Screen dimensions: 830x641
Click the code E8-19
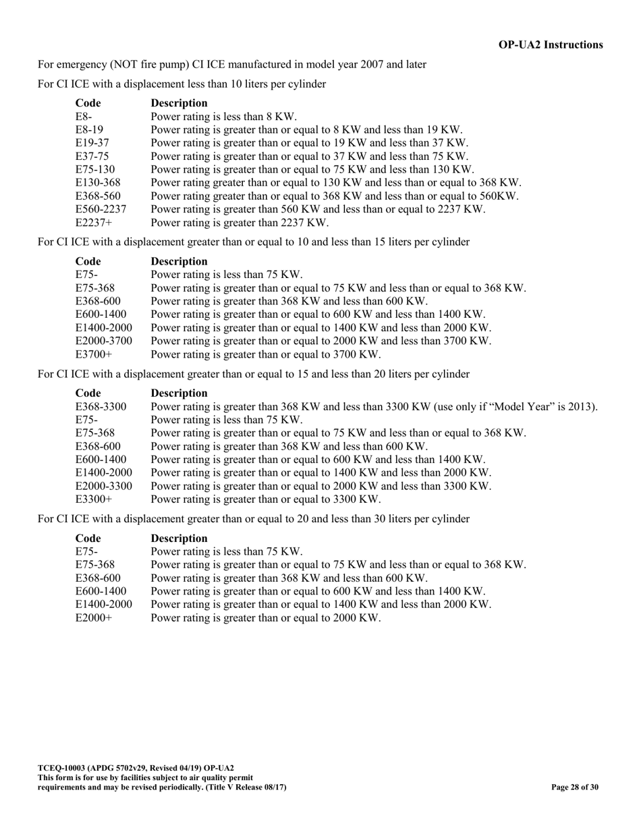click(x=89, y=130)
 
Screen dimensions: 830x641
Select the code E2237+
click(x=92, y=222)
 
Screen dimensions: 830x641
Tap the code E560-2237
click(x=101, y=209)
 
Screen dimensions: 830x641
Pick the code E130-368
click(x=98, y=182)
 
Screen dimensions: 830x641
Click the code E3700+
click(x=92, y=354)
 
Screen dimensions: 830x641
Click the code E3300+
click(x=92, y=499)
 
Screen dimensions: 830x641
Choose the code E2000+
click(x=92, y=618)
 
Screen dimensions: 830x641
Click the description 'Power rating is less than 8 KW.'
click(x=224, y=116)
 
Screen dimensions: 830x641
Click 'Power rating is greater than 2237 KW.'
click(x=240, y=222)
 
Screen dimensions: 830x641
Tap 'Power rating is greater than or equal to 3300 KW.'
click(x=266, y=499)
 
